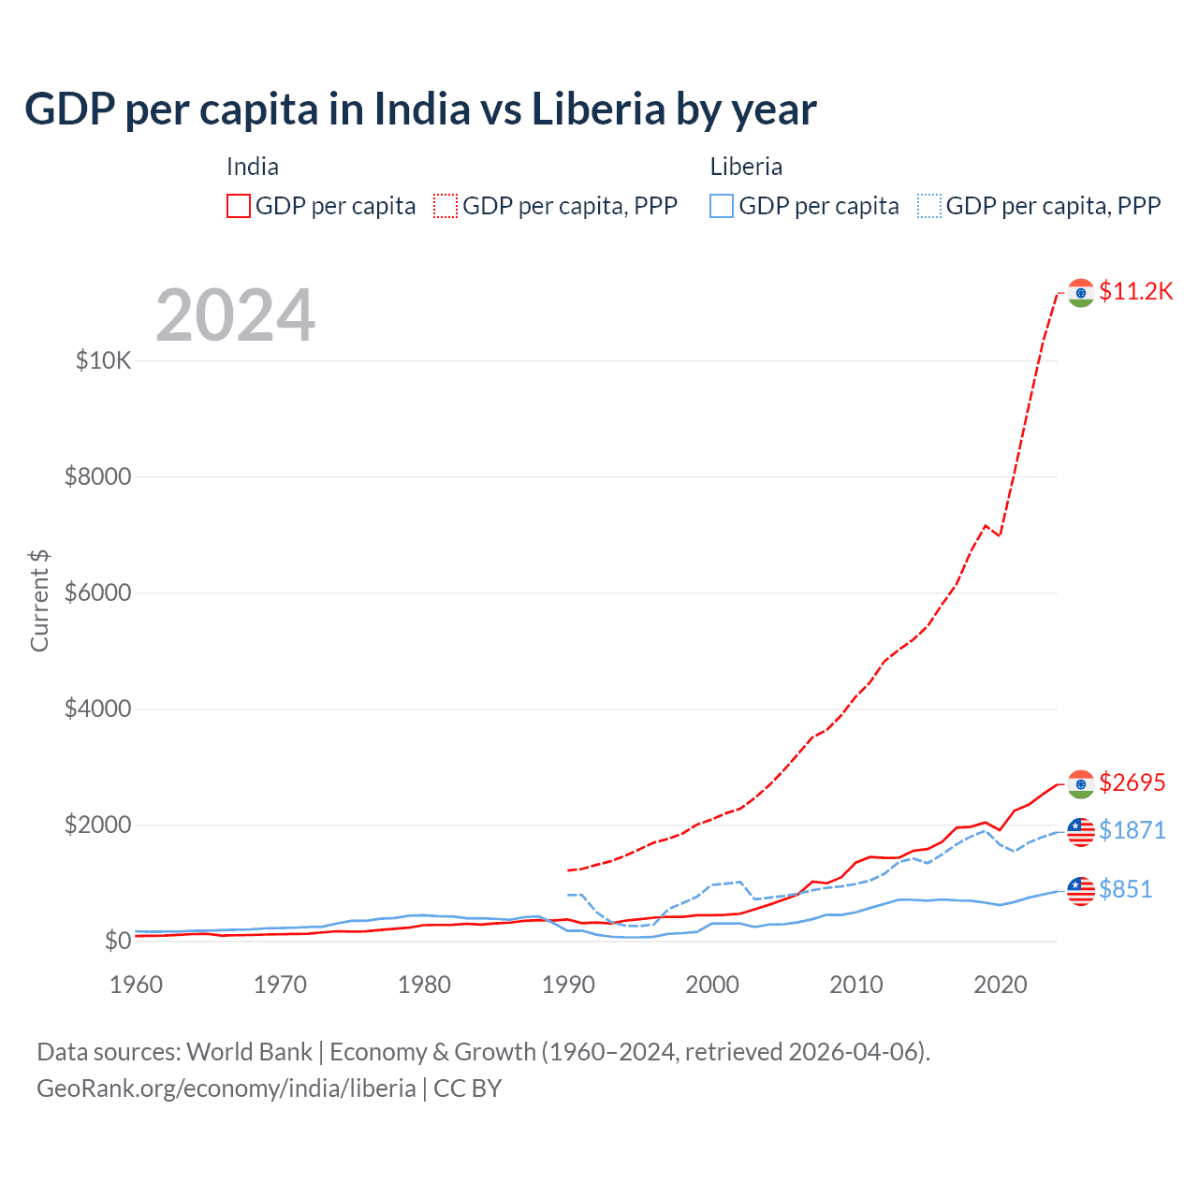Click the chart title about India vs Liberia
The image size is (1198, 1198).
[420, 110]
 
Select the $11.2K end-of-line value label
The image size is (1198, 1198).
[1135, 291]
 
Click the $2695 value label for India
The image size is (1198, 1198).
[1132, 782]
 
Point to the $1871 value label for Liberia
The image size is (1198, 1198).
[1132, 830]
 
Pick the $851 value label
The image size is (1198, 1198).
[1125, 889]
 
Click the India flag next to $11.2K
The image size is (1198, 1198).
[1081, 292]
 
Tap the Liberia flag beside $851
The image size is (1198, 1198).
[1081, 890]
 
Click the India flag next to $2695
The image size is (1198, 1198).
[1081, 783]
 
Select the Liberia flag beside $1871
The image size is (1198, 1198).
[1081, 831]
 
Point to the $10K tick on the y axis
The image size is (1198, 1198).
[103, 360]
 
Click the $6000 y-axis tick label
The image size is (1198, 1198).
[97, 592]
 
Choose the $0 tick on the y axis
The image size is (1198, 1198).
[117, 941]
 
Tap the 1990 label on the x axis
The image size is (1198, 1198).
[568, 985]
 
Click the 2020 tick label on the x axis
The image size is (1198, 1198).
[1001, 985]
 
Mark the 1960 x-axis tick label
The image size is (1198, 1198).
[136, 985]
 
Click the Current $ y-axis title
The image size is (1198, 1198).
[39, 600]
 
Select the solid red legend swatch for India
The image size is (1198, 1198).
[239, 206]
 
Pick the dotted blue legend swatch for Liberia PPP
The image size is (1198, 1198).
[929, 206]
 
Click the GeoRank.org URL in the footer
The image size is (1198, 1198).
[226, 1088]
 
